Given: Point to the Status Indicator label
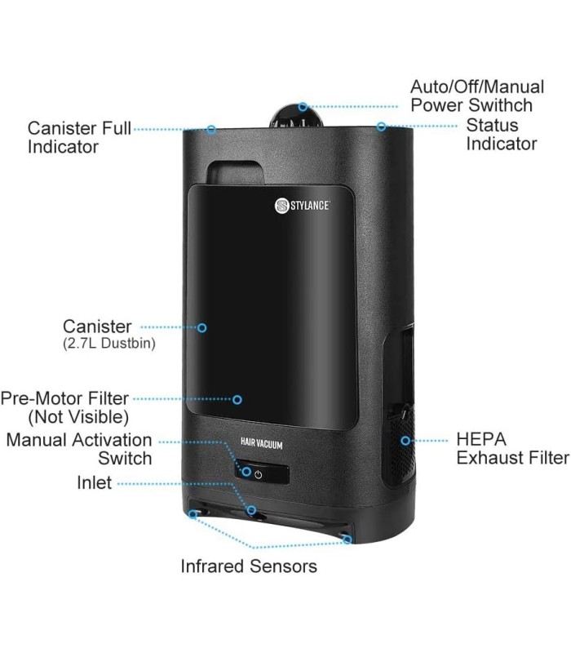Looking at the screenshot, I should click(x=501, y=135).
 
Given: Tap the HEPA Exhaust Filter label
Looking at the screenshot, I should click(x=511, y=448).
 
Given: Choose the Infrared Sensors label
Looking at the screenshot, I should click(x=249, y=566).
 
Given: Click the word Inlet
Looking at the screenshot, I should click(x=94, y=482).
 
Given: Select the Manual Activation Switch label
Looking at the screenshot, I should click(x=79, y=449).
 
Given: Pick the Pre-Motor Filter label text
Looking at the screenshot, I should click(x=65, y=407).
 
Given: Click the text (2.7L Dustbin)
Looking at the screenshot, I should click(x=108, y=344).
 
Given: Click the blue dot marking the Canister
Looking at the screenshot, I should click(x=202, y=327).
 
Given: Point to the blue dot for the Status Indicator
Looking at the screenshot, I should click(x=381, y=127).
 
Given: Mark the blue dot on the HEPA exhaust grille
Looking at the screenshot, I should click(x=405, y=441).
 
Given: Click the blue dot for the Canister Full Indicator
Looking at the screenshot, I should click(x=211, y=129).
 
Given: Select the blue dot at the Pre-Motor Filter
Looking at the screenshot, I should click(x=237, y=399).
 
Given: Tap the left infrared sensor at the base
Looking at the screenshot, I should click(x=193, y=514).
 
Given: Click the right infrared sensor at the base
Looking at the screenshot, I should click(x=347, y=540).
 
